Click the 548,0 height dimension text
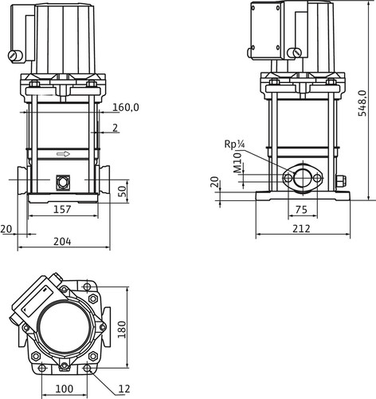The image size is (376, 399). click(x=362, y=103)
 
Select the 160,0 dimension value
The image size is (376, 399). click(x=126, y=107)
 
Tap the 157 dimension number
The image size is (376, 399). click(x=62, y=209)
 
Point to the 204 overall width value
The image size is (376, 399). click(x=62, y=242)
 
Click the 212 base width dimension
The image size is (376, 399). click(x=301, y=228)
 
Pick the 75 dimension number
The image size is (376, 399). click(x=301, y=210)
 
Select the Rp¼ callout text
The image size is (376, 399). click(x=234, y=144)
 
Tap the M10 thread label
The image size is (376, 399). click(x=237, y=163)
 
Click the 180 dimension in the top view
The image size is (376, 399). click(x=122, y=330)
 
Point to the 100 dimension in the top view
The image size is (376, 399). click(x=65, y=389)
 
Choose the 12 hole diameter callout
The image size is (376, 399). click(x=124, y=389)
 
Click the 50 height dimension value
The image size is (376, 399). click(x=123, y=192)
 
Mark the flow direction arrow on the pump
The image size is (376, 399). click(x=63, y=154)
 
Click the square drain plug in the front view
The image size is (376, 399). click(x=63, y=182)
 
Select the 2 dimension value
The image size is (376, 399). click(x=115, y=128)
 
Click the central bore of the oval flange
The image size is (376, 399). click(x=302, y=177)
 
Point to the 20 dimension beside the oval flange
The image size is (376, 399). click(x=215, y=182)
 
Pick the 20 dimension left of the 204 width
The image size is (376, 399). click(x=6, y=229)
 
